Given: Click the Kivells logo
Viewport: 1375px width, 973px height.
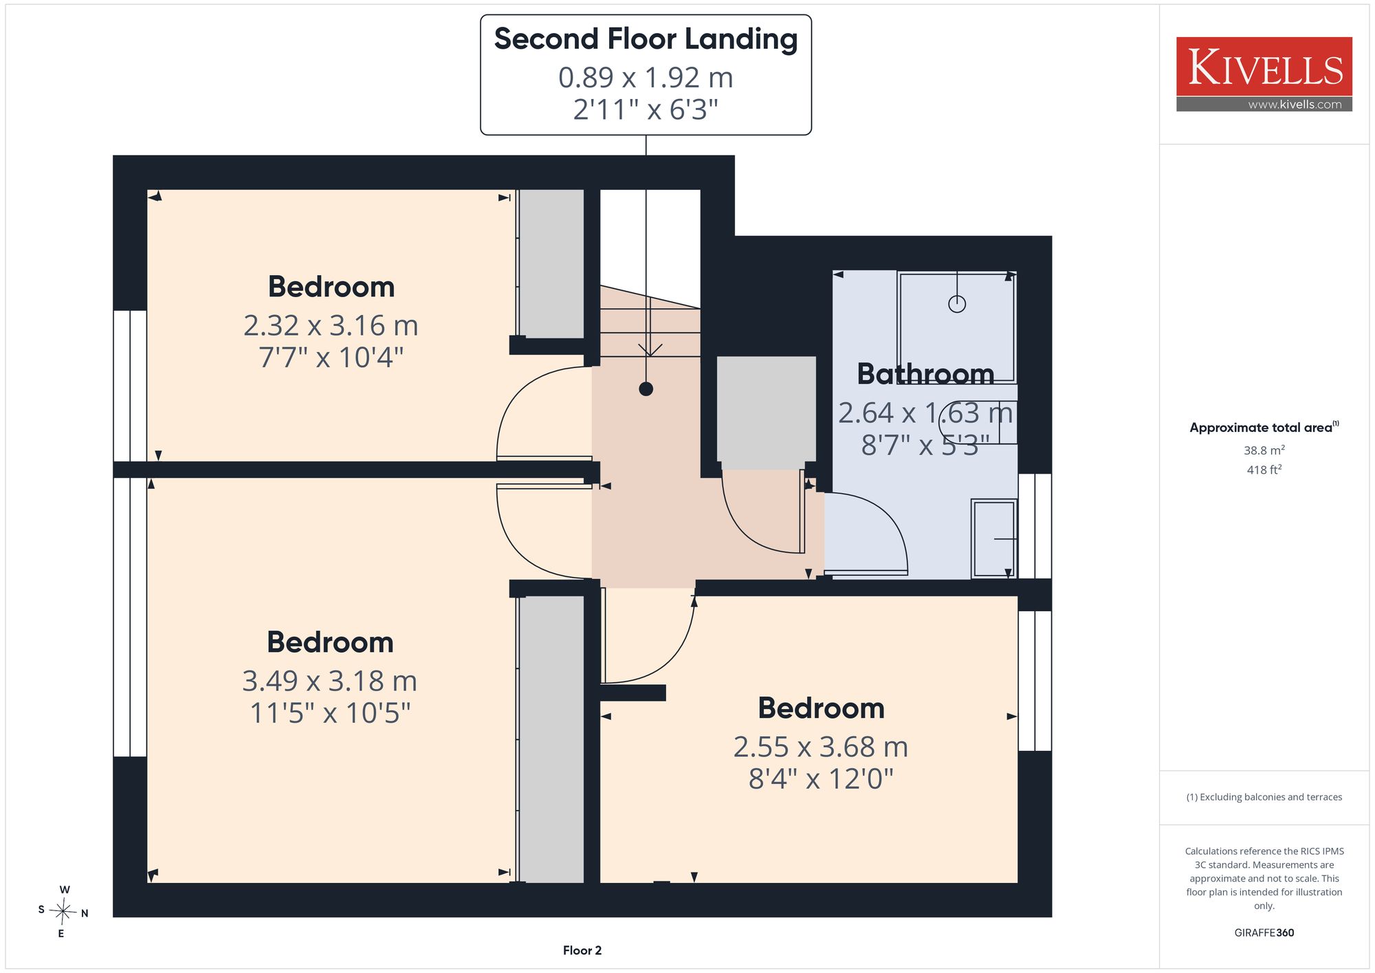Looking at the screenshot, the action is coord(1264,74).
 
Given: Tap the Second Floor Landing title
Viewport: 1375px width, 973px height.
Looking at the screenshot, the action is coord(646,39).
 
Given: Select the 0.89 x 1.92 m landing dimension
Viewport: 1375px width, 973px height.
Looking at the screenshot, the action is coord(646,78).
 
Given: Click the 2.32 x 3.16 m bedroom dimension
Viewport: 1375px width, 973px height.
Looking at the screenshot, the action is coord(331,325).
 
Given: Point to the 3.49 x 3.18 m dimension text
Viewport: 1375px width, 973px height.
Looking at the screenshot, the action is coord(330,681).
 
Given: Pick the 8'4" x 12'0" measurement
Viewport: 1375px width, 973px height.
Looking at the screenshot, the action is coord(821,779).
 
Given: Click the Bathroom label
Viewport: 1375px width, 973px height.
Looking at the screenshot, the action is coord(925,374).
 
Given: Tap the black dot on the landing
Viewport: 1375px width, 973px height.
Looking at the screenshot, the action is coord(646,389).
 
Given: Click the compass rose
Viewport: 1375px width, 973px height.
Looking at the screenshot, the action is coord(63,912).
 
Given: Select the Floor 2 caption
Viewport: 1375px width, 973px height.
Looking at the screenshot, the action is coord(582,950).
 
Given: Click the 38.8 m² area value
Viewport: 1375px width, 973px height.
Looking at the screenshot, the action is coord(1264,450).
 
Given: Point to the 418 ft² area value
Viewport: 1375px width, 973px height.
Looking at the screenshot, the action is coord(1264,470).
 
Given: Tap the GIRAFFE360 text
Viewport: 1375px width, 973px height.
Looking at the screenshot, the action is coord(1264,933).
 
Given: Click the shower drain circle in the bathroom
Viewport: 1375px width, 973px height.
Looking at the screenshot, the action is coord(957,303).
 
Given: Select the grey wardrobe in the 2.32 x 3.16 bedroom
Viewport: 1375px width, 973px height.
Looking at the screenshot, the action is coord(551,264).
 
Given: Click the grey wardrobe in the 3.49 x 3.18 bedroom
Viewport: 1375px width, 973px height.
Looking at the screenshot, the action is coord(551,739).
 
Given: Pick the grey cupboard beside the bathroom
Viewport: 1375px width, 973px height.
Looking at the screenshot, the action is coord(767,408).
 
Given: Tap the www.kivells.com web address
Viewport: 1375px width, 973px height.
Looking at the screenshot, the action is coord(1295,105).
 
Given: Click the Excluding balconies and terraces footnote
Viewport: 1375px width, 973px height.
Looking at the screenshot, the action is coord(1264,797).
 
